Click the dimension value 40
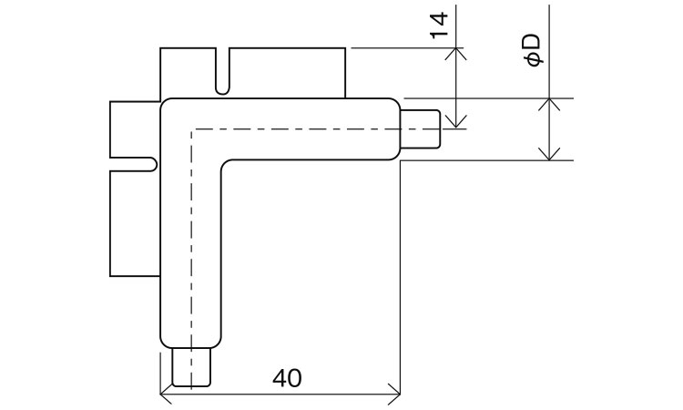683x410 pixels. point(286,377)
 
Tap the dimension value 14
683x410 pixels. point(440,25)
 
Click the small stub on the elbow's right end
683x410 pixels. point(422,128)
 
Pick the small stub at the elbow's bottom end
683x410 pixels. point(192,367)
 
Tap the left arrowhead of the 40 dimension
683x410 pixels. point(165,394)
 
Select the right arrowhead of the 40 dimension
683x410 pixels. point(395,394)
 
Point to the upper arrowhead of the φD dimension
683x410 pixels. point(549,102)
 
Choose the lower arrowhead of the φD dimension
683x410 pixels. point(549,155)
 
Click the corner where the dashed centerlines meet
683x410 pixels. point(191,128)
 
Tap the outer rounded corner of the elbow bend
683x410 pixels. point(168,105)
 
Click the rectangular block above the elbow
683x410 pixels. point(282,71)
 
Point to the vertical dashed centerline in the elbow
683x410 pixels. point(191,246)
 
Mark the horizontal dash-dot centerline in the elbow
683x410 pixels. point(301,128)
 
